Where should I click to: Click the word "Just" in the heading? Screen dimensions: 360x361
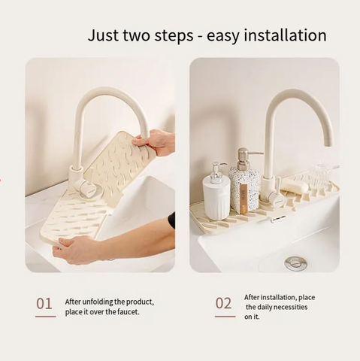point(103,35)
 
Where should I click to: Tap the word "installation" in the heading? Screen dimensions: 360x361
point(285,35)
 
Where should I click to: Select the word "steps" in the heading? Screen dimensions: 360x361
point(174,36)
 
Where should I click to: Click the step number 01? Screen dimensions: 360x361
point(44,304)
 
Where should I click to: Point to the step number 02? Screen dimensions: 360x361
point(223,303)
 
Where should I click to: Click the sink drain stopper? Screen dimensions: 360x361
point(296,262)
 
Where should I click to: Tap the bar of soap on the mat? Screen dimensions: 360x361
point(295,186)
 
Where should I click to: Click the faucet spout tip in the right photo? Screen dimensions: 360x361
point(328,144)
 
